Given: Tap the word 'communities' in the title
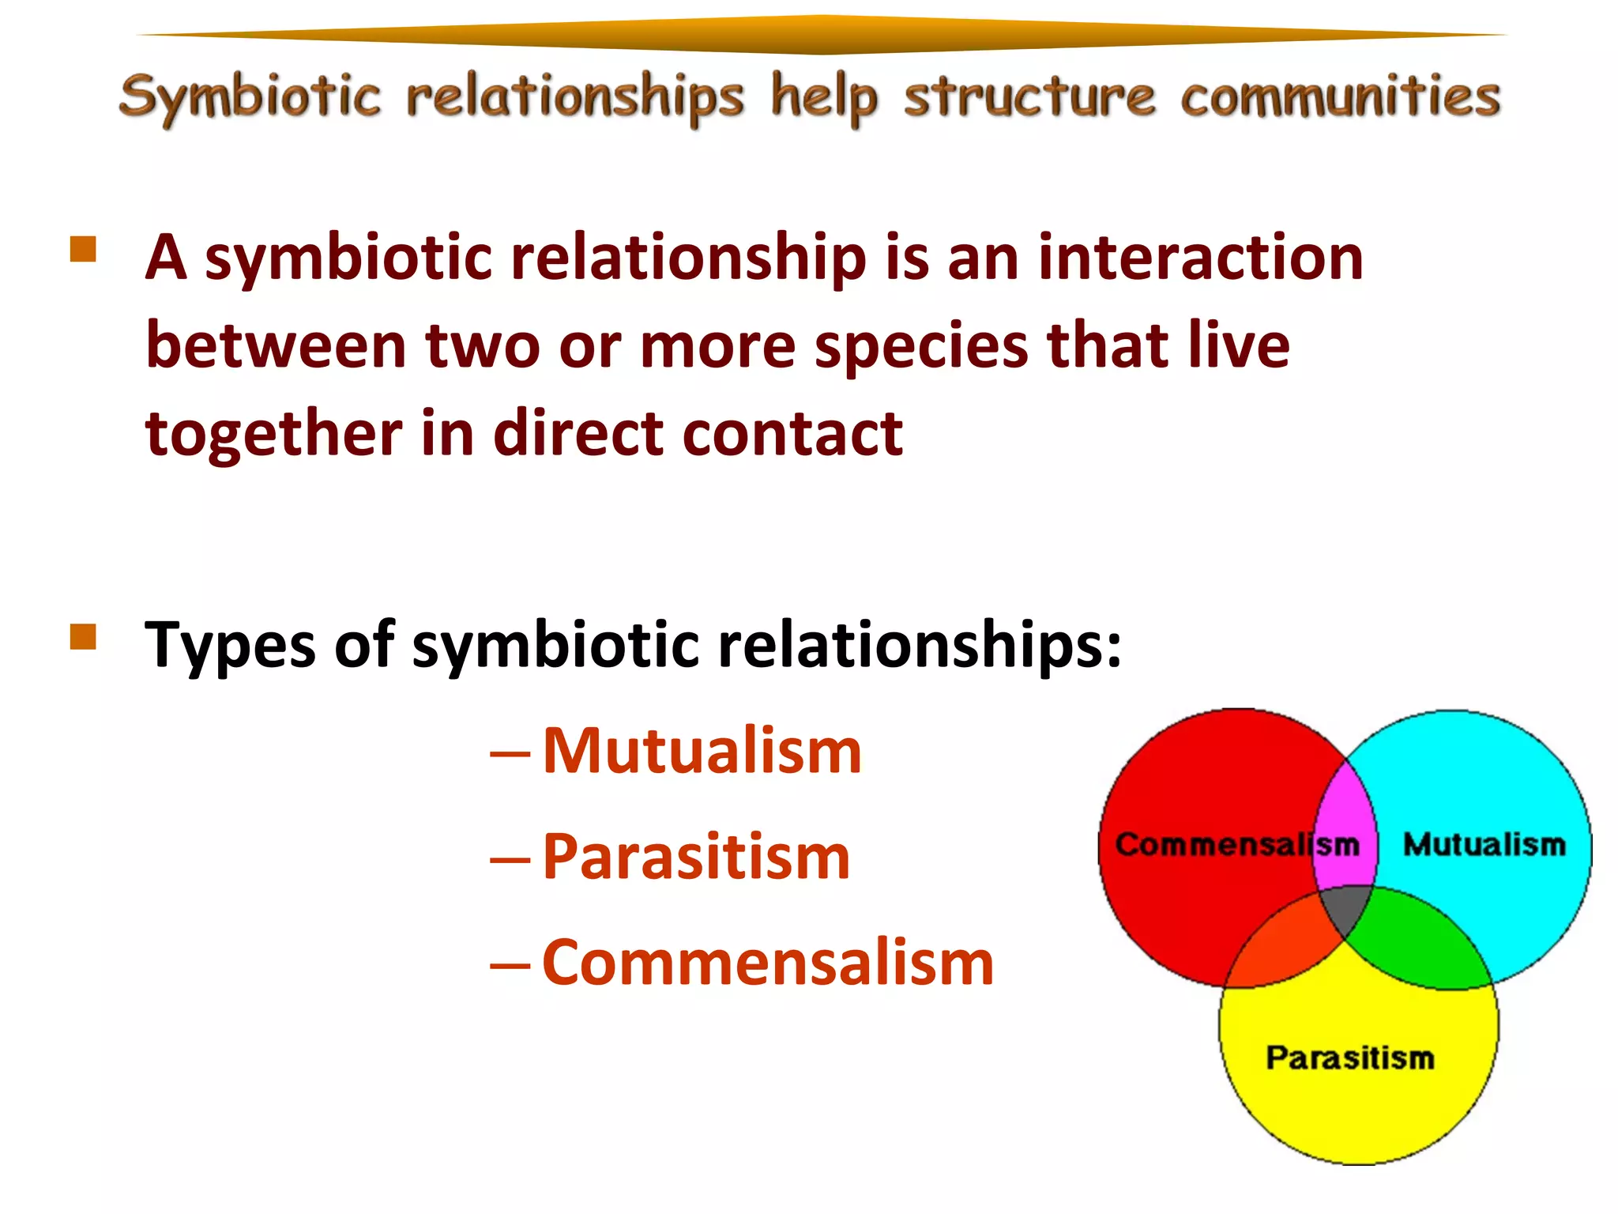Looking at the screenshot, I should (x=1340, y=97).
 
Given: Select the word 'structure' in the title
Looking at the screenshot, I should (x=1029, y=97).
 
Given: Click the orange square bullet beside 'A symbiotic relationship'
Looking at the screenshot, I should (x=83, y=249).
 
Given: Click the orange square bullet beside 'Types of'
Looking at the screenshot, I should (x=83, y=636).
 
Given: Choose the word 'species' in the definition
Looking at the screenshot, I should (x=921, y=345).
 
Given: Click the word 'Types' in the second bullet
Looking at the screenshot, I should (x=230, y=645).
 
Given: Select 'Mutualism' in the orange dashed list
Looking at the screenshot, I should (x=702, y=751).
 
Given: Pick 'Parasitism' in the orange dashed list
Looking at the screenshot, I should (x=696, y=857).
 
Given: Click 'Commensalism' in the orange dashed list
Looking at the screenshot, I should (x=768, y=963).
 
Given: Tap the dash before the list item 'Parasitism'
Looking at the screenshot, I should (x=510, y=858).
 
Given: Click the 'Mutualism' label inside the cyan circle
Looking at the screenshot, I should (x=1484, y=844).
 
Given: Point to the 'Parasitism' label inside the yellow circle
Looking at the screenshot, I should (x=1349, y=1058).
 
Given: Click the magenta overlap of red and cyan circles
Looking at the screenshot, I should (x=1345, y=822).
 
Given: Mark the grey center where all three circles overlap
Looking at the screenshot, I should (x=1346, y=909).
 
